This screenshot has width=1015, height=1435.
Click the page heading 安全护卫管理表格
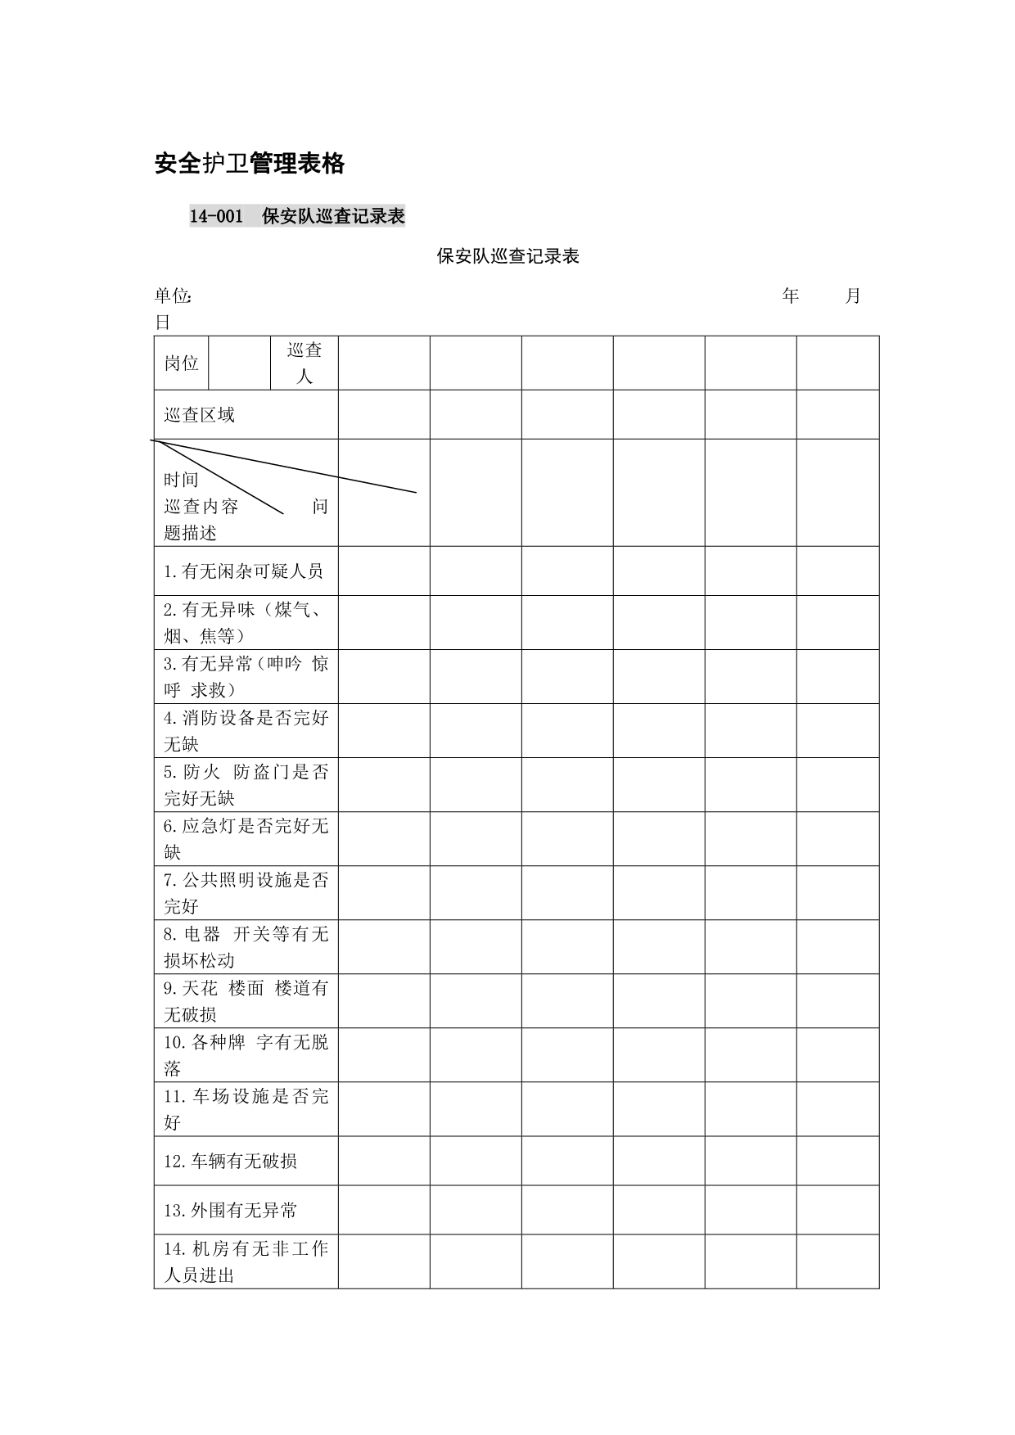[250, 164]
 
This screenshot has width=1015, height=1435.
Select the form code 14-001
[216, 216]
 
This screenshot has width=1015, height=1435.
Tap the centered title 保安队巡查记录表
[508, 256]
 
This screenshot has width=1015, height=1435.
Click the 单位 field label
[173, 296]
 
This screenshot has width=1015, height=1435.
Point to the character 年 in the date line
[790, 296]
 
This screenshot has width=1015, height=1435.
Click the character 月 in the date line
[852, 296]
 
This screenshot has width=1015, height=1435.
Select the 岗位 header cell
[181, 363]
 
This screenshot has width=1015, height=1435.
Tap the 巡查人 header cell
[304, 363]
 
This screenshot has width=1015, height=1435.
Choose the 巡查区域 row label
[199, 415]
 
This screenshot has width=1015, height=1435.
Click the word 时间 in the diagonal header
[181, 479]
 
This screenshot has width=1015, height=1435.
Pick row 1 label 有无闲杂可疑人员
[243, 571]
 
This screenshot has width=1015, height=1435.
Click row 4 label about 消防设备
[246, 730]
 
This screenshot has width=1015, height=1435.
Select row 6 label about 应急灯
[246, 838]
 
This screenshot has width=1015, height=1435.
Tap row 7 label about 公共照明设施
[246, 892]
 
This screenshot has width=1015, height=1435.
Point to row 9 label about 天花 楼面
[246, 1000]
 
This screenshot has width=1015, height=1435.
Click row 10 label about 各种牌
[246, 1054]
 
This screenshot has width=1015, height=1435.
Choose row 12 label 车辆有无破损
[230, 1161]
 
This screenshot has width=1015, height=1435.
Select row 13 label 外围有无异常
[230, 1210]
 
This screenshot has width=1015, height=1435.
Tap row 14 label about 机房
[246, 1261]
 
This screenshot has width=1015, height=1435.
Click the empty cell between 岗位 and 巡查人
[240, 363]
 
